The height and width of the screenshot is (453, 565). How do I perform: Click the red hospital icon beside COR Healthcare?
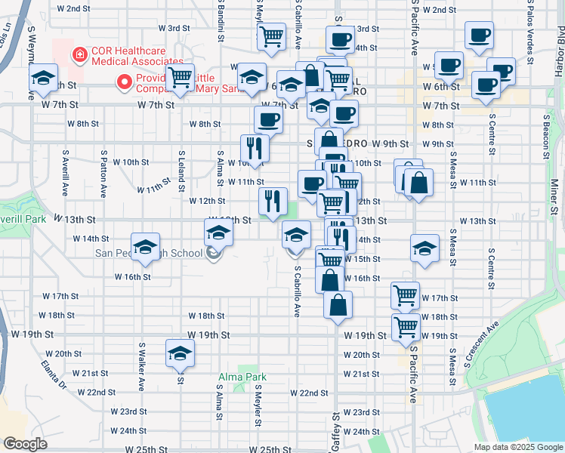pos(78,54)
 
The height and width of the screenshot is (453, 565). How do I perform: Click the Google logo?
pos(26,444)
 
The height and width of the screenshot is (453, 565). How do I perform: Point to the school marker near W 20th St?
pos(180,354)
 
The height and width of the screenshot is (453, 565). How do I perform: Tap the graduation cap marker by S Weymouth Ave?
pos(44,78)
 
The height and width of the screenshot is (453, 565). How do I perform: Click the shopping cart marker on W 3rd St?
pos(271,35)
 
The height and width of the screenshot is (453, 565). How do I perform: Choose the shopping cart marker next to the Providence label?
pos(181,77)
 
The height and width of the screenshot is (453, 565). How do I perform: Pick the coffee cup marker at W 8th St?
pos(268,119)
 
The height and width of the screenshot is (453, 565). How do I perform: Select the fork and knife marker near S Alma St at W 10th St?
pos(254,148)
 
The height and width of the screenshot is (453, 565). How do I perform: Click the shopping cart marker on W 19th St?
pos(406,328)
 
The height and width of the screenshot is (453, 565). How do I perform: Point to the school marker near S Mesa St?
pos(425,248)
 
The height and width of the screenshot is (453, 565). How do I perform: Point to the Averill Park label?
pos(23,219)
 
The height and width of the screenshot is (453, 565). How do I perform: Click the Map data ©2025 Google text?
pos(517,447)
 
